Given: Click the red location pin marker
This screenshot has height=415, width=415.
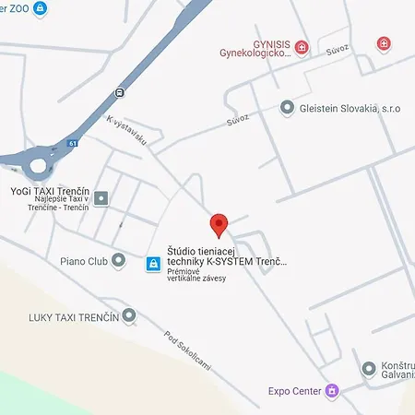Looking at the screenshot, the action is pos(219,225).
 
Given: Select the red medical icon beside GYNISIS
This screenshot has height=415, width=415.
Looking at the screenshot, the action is pos(302,47).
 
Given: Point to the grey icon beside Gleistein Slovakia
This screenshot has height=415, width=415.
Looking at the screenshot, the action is pos(287,108).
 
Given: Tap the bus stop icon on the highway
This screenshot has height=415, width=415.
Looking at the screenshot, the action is pos(119,92).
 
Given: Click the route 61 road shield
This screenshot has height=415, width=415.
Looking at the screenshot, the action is pos(73,144).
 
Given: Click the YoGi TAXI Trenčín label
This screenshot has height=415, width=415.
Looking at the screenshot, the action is pos(49,191).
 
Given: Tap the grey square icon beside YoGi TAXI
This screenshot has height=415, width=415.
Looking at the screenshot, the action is pos(101,197).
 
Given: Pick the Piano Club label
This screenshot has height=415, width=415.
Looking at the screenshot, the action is pos(85,261).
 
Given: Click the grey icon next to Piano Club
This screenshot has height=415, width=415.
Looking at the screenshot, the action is pos(118,261).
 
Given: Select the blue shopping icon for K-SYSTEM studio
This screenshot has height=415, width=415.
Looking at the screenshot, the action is pos(153,263).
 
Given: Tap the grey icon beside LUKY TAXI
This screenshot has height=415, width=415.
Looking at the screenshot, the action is pos(129,316).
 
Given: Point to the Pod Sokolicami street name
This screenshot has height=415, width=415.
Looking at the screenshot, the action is pos(188,350).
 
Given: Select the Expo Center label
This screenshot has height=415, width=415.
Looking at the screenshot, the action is pos(295,392).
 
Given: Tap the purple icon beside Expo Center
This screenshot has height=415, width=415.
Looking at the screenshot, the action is pos(332,392).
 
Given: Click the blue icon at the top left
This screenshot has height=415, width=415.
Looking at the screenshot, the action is pos(40,8).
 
